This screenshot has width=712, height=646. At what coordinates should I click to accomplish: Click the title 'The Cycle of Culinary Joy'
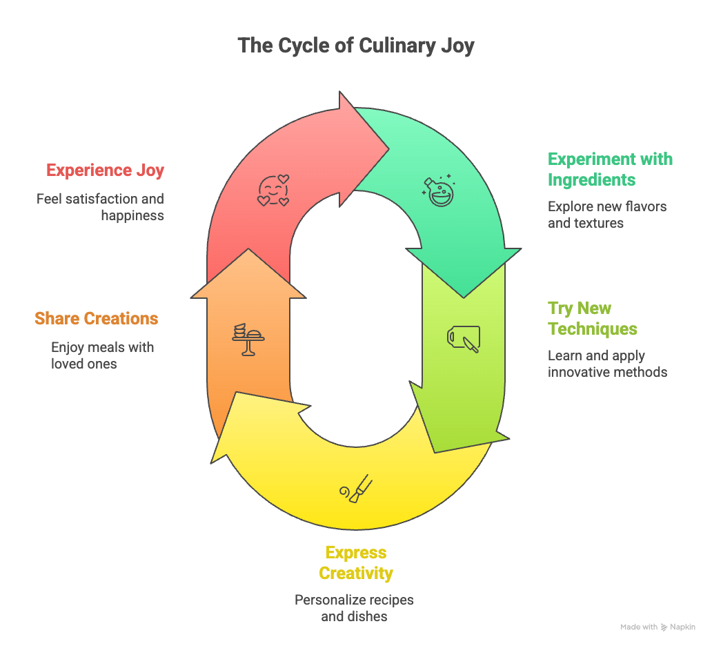tap(356, 46)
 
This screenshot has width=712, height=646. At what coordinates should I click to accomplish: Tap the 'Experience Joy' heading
tap(105, 170)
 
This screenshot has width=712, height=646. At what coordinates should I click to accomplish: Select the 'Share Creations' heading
tap(97, 319)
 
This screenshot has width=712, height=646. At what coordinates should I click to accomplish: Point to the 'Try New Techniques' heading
tap(592, 318)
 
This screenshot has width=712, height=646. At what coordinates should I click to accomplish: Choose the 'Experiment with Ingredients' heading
tap(610, 169)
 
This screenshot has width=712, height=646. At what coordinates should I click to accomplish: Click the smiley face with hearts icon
tap(273, 190)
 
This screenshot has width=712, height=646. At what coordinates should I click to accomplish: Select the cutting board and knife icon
tap(463, 338)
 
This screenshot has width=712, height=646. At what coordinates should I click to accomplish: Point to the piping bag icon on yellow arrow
tap(356, 489)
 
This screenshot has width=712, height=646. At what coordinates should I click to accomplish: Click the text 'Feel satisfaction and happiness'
tap(101, 207)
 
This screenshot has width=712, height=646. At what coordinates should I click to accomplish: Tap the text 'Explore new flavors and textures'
tap(607, 215)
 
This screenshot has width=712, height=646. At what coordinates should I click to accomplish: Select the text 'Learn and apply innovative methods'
tap(607, 364)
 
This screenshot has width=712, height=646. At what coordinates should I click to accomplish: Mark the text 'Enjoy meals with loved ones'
tap(102, 355)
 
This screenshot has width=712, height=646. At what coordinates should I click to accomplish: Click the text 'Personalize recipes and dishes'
tap(354, 608)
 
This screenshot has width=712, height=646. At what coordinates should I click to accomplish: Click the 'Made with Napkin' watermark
tap(657, 627)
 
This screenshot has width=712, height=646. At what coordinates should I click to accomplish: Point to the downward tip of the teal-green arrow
tap(464, 296)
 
